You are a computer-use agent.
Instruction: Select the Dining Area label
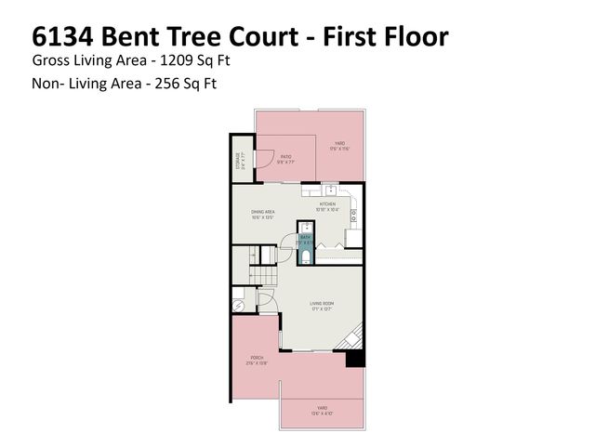262,215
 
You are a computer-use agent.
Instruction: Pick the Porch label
256,359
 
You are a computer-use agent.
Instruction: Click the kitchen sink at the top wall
329,189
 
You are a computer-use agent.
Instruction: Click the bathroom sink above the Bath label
305,227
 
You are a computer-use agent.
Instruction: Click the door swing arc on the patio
264,160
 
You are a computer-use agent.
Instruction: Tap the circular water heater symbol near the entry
238,304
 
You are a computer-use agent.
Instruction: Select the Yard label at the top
340,144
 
